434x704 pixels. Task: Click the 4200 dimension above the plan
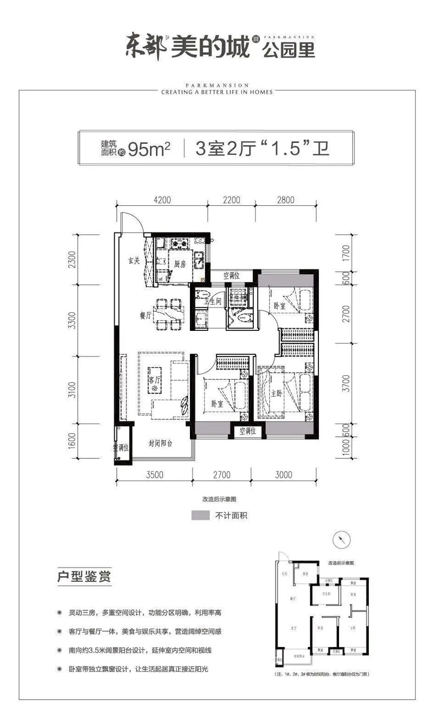[162, 200]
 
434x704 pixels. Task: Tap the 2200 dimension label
[231, 200]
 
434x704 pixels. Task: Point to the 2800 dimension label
[285, 200]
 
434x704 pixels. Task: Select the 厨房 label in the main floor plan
[180, 265]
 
